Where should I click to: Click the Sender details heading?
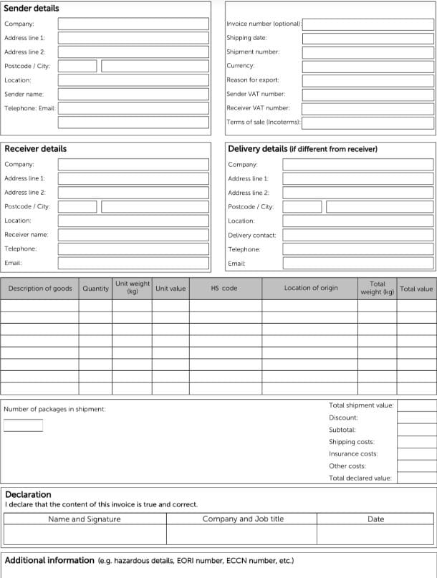click(32, 9)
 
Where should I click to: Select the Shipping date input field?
click(368, 38)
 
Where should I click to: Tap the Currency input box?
click(368, 66)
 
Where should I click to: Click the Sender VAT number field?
click(368, 94)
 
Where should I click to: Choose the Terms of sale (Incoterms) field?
click(368, 122)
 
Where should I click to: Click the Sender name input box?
click(134, 94)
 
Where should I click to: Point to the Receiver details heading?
click(35, 149)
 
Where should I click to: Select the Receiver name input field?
click(134, 234)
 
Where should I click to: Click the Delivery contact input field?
click(357, 235)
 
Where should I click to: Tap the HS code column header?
click(224, 289)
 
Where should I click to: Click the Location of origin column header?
click(310, 289)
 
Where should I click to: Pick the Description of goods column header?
click(40, 289)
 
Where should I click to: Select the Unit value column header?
click(170, 289)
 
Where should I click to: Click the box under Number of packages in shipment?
click(23, 425)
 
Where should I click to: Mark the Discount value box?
click(416, 418)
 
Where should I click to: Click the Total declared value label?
click(360, 478)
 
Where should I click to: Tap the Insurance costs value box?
click(416, 454)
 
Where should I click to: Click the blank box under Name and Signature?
click(85, 535)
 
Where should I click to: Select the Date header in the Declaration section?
click(375, 519)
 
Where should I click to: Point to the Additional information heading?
click(49, 560)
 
